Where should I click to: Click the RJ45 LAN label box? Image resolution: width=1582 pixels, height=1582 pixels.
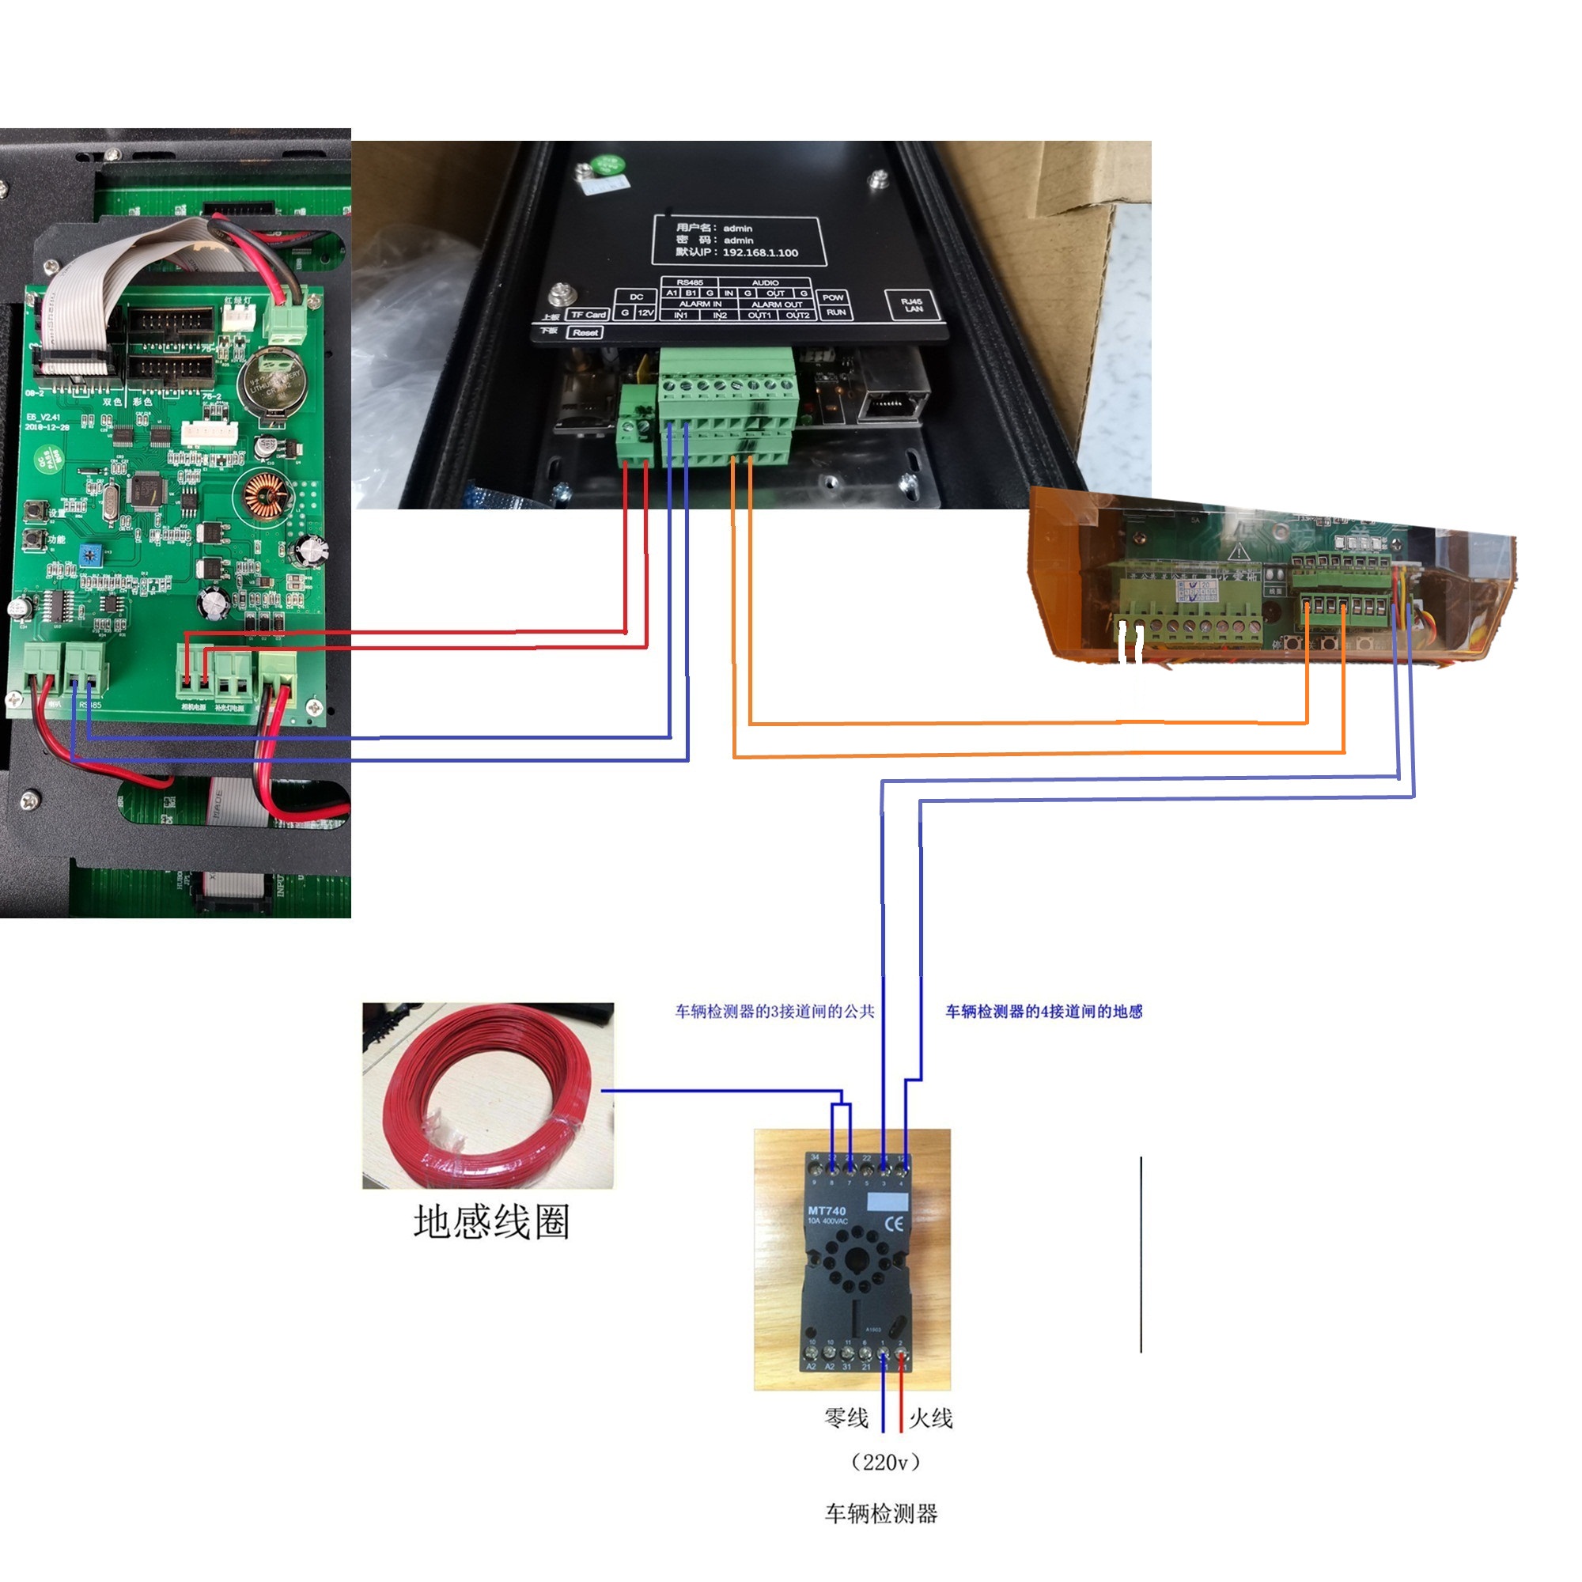(911, 305)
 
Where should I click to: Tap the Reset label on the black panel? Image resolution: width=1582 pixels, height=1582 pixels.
(585, 332)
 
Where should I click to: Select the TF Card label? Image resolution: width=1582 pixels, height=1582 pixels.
(588, 315)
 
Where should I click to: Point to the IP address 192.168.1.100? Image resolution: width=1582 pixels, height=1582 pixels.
(759, 252)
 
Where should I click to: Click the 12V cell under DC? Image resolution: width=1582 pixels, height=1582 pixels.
(645, 312)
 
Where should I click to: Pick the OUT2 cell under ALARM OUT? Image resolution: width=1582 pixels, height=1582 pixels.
(797, 316)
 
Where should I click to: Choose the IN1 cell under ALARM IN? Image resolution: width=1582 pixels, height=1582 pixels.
(681, 316)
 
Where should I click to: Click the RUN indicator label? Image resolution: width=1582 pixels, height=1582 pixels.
(835, 312)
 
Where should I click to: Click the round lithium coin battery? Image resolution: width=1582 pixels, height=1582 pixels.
(273, 380)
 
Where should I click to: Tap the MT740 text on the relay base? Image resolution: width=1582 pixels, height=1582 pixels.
(827, 1210)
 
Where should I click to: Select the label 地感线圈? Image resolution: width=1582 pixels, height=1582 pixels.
(490, 1222)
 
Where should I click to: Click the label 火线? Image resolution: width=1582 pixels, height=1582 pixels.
(930, 1418)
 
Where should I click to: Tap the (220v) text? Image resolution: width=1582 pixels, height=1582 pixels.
(885, 1463)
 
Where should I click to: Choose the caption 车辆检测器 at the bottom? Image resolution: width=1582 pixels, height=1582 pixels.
(880, 1513)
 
